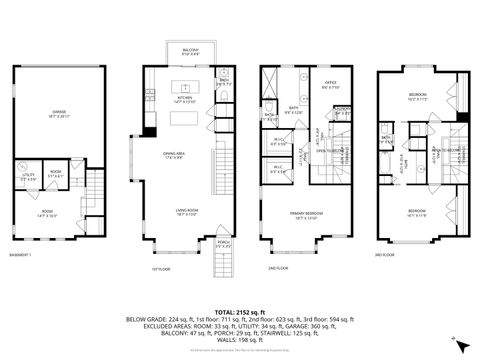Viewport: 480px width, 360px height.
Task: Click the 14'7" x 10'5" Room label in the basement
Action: coord(47,214)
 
